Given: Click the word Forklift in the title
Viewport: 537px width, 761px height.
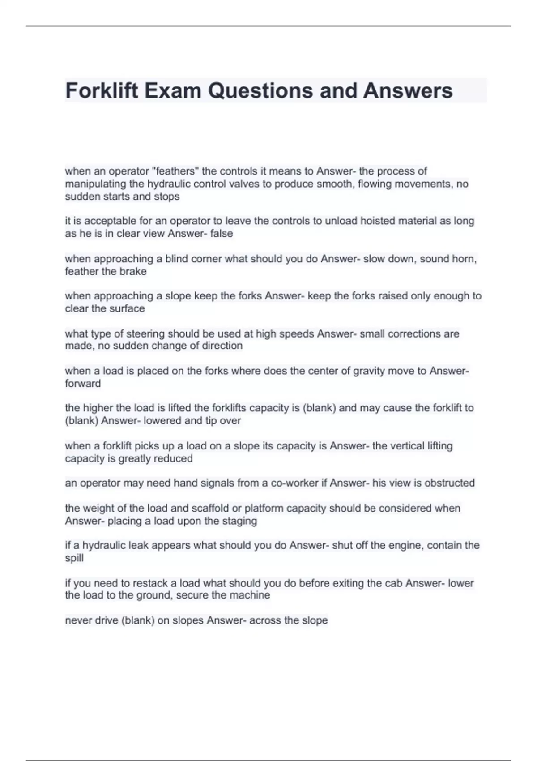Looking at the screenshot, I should (102, 90).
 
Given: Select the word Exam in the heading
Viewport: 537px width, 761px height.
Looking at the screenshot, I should (173, 90).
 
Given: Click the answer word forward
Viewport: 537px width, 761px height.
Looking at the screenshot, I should (83, 384).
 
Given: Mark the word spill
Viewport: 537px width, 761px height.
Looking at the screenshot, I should (74, 558).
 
